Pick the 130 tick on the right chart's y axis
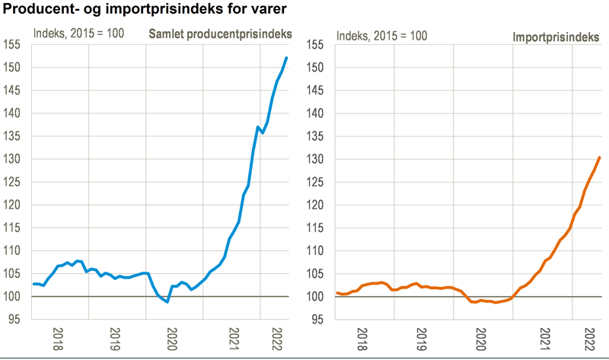(x=317, y=160)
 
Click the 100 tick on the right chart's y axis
(x=317, y=297)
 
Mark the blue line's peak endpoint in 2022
(x=286, y=58)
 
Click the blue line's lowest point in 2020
(x=167, y=302)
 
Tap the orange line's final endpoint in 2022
(x=600, y=158)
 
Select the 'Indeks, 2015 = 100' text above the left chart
(x=78, y=35)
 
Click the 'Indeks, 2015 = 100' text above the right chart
(x=382, y=35)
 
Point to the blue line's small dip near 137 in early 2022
(x=263, y=132)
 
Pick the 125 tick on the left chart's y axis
(x=14, y=183)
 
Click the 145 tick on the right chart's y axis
(x=317, y=91)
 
